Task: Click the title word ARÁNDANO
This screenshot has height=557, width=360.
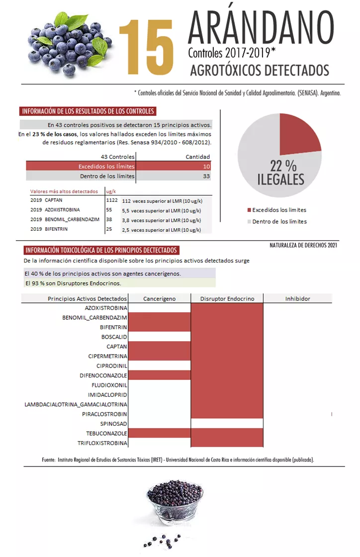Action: pos(261,27)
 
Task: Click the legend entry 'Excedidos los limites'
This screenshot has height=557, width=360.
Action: pos(279,210)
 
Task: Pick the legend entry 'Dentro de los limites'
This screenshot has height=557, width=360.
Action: pos(279,221)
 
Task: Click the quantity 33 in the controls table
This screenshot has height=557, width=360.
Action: pos(206,176)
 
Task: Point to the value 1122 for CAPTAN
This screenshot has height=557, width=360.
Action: pos(111,200)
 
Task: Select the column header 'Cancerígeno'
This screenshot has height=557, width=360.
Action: pos(159,298)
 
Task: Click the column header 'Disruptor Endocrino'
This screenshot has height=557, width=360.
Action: pos(227,298)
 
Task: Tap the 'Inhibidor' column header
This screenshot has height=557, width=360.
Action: pos(297,298)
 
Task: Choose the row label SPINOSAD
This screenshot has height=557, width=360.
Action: pos(114,424)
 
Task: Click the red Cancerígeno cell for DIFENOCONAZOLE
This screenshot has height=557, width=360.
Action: pos(159,375)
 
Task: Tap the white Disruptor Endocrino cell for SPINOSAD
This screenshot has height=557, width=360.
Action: pos(227,424)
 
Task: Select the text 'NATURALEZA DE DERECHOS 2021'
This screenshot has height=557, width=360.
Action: pos(303,245)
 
